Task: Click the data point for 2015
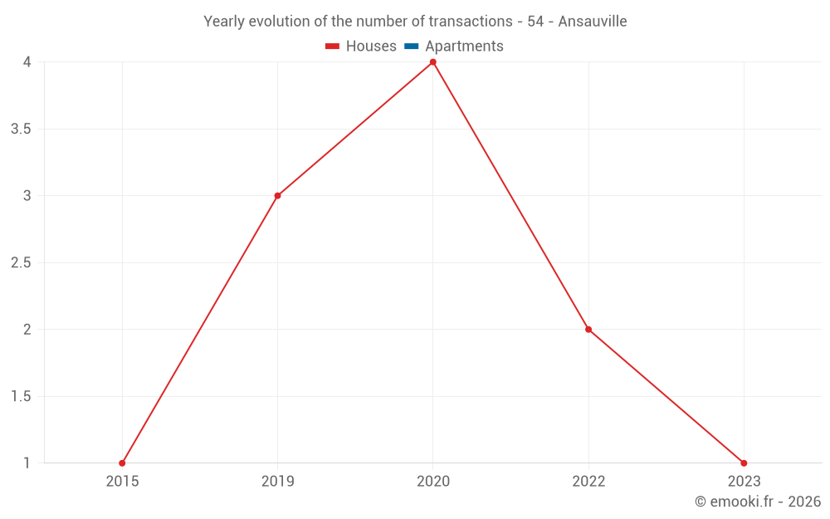[x=122, y=463]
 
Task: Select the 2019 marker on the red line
[x=277, y=196]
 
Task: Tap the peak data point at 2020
[x=432, y=62]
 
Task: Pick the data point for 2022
[x=588, y=330]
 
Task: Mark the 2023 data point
[x=744, y=463]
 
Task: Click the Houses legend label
[x=371, y=47]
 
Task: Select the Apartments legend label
[x=464, y=47]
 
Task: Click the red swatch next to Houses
[x=333, y=47]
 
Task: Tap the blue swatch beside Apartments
[x=412, y=47]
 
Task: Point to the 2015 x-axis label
[x=122, y=482]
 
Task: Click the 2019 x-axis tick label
[x=277, y=482]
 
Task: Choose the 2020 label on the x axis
[x=432, y=482]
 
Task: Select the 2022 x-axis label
[x=588, y=482]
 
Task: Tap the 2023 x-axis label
[x=744, y=482]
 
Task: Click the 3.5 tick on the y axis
[x=22, y=130]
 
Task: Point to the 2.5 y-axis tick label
[x=22, y=263]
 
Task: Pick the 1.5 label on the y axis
[x=22, y=397]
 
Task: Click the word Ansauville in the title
[x=593, y=22]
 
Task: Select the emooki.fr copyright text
[x=758, y=502]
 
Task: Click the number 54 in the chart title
[x=535, y=22]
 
